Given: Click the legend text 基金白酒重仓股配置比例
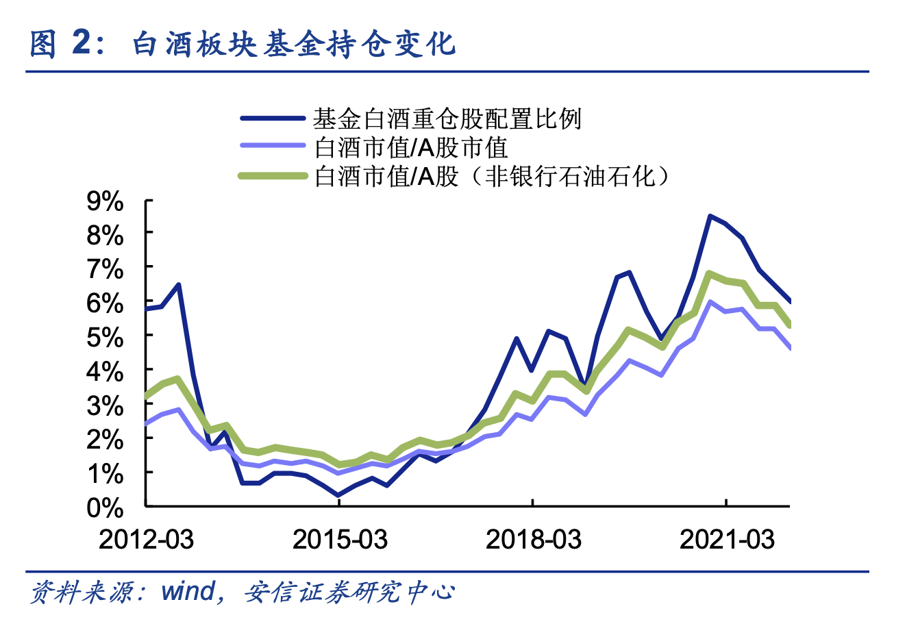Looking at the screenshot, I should pyautogui.click(x=447, y=118).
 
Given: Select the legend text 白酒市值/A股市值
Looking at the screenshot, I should pyautogui.click(x=411, y=147).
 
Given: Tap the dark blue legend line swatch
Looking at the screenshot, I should pyautogui.click(x=272, y=118).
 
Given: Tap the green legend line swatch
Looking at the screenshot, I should pyautogui.click(x=272, y=177).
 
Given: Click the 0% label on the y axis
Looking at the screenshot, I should pyautogui.click(x=105, y=508).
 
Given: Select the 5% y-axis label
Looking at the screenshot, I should pyautogui.click(x=105, y=337).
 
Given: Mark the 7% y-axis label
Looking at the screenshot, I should pyautogui.click(x=105, y=269).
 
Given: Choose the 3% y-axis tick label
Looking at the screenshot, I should pyautogui.click(x=105, y=405).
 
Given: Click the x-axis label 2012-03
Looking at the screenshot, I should pyautogui.click(x=146, y=540).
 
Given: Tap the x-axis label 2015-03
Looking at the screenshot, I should pyautogui.click(x=340, y=540).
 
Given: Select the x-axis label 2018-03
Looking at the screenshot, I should pyautogui.click(x=533, y=540).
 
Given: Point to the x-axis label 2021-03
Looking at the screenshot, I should pyautogui.click(x=727, y=540).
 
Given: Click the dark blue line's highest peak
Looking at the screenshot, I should pyautogui.click(x=710, y=216).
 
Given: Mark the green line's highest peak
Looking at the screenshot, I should pyautogui.click(x=710, y=274).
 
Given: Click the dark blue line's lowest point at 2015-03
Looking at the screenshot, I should pyautogui.click(x=338, y=494).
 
